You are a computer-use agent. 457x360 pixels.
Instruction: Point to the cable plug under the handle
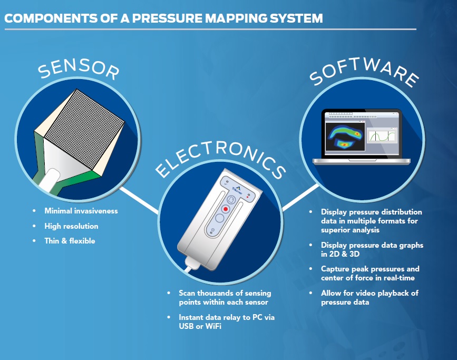[x=190, y=264]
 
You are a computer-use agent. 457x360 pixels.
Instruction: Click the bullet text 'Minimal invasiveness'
[x=81, y=211]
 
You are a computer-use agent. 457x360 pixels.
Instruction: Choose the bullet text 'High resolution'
[x=72, y=226]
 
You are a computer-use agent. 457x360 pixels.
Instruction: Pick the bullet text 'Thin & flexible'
[x=70, y=241]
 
